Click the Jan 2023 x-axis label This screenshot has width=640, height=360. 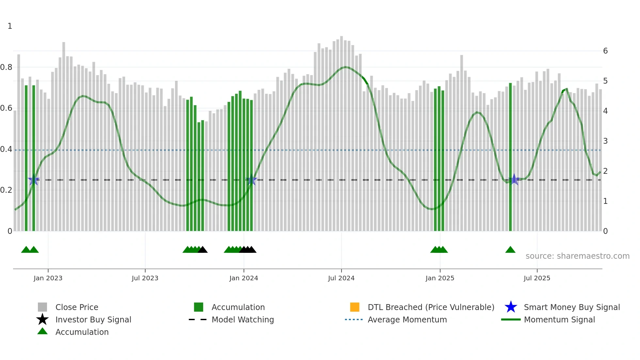[x=48, y=278]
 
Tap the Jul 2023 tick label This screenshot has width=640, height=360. [x=145, y=278]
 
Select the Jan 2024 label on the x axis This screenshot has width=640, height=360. [x=244, y=278]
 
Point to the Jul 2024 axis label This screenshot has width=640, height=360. [x=341, y=278]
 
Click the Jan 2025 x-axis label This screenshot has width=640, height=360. [x=440, y=278]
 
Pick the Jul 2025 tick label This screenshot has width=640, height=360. [x=537, y=278]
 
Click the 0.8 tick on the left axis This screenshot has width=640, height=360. [x=6, y=67]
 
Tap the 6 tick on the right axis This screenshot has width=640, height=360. [x=605, y=51]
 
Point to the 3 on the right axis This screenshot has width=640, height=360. [x=605, y=141]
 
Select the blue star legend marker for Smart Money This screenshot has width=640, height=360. [x=511, y=307]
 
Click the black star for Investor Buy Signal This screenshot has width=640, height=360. [x=42, y=319]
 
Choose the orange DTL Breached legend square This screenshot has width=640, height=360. [x=355, y=307]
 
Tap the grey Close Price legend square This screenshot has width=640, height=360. [x=42, y=307]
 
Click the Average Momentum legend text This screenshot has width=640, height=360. [x=407, y=319]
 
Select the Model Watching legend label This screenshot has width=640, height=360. [x=243, y=319]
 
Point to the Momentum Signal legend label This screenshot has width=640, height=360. [x=559, y=319]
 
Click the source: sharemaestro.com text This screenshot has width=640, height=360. [x=577, y=256]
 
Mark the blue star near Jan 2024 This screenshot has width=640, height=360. [x=251, y=180]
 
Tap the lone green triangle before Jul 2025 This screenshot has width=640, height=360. [x=510, y=250]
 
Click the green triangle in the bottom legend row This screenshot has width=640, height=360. [x=42, y=331]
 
